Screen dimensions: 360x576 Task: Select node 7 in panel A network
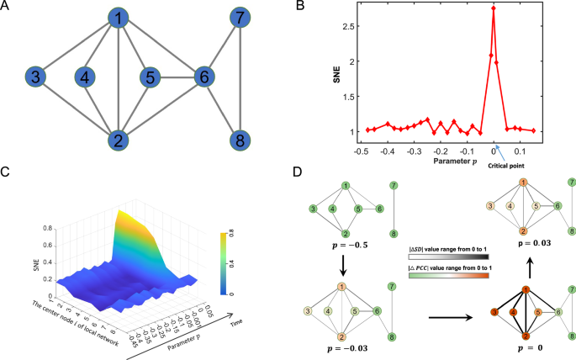[x=241, y=18]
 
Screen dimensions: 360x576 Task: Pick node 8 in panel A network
[x=241, y=139]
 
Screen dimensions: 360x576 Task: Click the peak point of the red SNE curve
[x=494, y=8]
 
